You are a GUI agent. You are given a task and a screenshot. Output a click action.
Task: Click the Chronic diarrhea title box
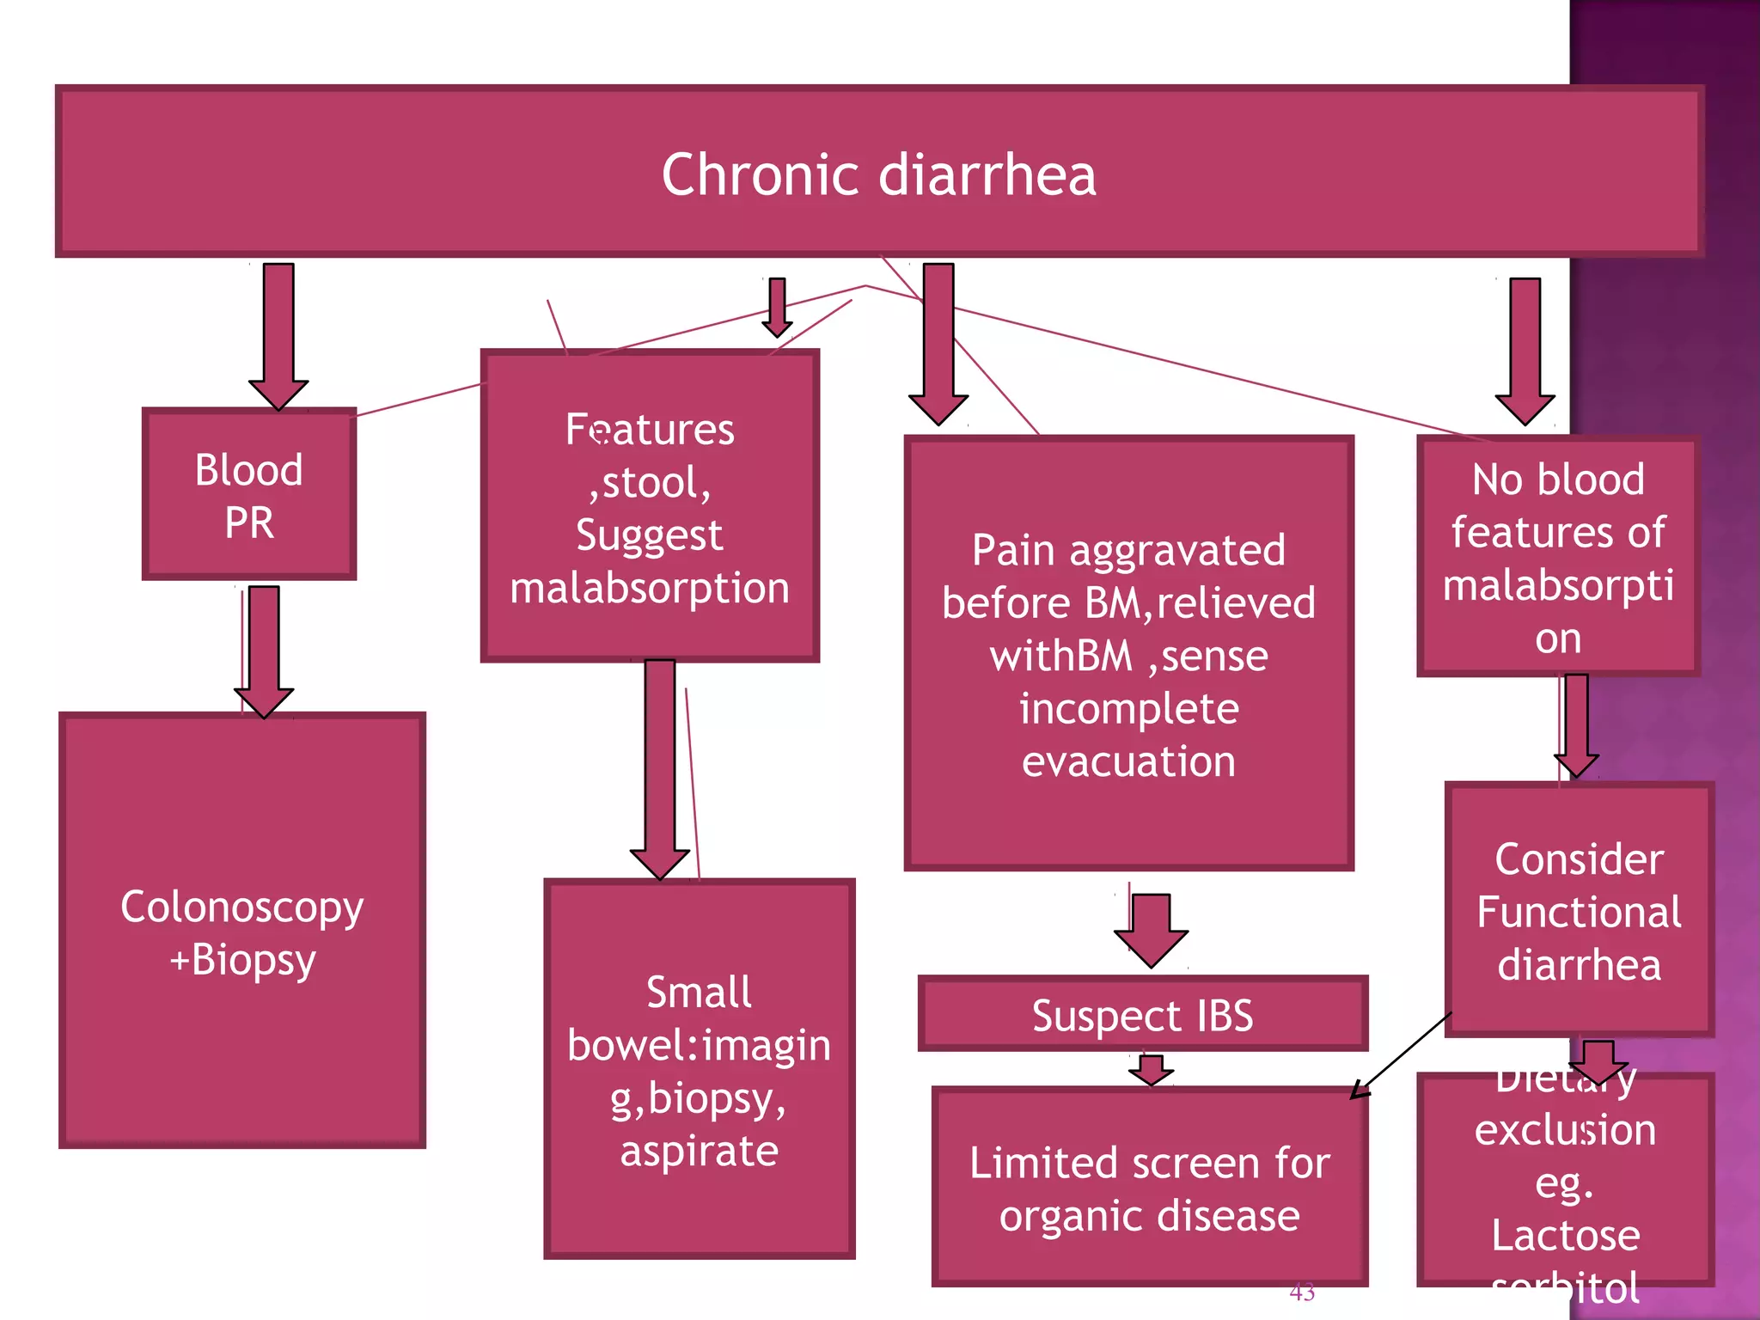tap(878, 172)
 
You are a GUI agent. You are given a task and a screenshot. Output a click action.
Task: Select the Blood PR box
tap(249, 495)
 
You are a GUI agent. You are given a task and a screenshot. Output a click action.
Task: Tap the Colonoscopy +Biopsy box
tap(242, 932)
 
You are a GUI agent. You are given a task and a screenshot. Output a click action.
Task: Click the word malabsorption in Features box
tap(650, 590)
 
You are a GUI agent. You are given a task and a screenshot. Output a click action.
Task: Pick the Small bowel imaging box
tap(699, 1070)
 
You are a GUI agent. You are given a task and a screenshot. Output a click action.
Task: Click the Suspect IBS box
tap(1142, 1015)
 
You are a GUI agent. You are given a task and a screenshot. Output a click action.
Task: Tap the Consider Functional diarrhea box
tap(1579, 911)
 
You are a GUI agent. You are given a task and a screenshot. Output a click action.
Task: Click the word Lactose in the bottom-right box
tap(1566, 1235)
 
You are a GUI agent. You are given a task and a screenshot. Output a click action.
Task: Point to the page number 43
tap(1302, 1292)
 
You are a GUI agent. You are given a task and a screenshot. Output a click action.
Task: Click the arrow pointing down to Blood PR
tap(278, 335)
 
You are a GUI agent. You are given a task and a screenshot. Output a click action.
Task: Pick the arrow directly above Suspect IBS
tap(1151, 929)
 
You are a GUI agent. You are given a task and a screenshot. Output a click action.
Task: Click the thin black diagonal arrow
tap(1402, 1055)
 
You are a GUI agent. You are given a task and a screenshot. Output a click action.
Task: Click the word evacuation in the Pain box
tap(1128, 762)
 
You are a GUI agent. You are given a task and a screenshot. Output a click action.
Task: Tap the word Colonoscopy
tap(242, 907)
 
